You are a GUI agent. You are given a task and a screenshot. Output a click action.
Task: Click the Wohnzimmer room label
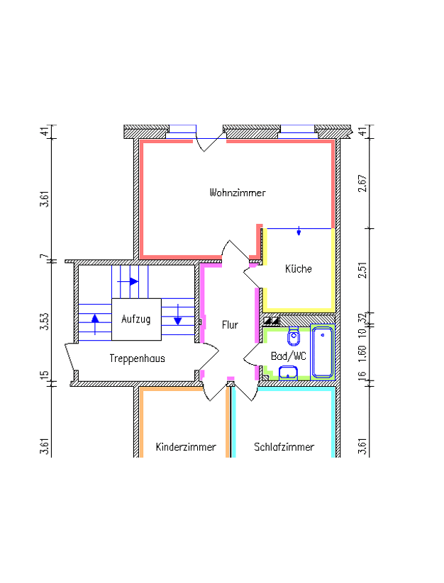click(x=238, y=193)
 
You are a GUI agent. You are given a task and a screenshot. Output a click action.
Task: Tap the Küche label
click(x=299, y=268)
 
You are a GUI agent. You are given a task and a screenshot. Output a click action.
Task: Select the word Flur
click(x=230, y=324)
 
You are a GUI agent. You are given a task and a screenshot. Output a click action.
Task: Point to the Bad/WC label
click(x=289, y=356)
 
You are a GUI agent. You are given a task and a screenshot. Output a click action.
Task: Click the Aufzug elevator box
click(x=137, y=319)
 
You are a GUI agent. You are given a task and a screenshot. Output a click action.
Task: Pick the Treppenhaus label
click(x=137, y=358)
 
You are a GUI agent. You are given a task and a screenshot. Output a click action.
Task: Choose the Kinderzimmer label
click(x=186, y=446)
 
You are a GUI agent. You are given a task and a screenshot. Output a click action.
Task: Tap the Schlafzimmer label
click(x=284, y=446)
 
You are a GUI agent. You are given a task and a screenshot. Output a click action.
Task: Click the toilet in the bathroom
click(x=294, y=336)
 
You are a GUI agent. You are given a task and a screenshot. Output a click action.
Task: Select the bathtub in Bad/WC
click(x=323, y=351)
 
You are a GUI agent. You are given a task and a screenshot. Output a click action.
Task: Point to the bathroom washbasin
click(x=288, y=373)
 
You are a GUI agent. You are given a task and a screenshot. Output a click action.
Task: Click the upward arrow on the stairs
click(x=95, y=324)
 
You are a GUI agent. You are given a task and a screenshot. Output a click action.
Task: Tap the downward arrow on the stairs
click(x=178, y=315)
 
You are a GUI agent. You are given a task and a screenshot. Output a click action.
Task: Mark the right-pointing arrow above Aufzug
click(x=128, y=281)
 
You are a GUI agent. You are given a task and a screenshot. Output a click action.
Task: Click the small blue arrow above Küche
click(x=299, y=231)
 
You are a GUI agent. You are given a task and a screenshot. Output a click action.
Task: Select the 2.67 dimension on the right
click(x=362, y=183)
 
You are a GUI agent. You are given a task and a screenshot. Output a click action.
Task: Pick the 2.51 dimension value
click(x=362, y=270)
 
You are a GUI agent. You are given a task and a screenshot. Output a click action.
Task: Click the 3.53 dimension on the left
click(x=45, y=321)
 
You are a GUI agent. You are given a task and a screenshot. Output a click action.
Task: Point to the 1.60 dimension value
click(x=362, y=353)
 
